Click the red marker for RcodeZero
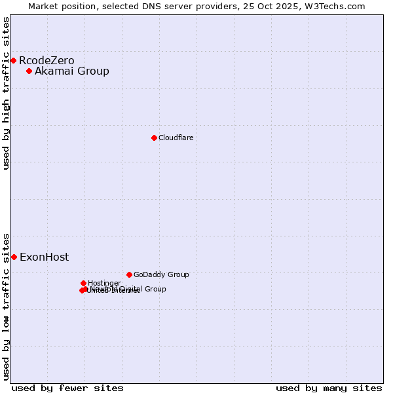point(13,61)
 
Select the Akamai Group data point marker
point(29,71)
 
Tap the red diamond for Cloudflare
point(154,138)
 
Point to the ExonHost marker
point(14,257)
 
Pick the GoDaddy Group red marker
point(129,274)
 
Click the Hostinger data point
point(83,283)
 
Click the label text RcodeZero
point(47,61)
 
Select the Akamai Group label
point(72,71)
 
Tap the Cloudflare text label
point(176,138)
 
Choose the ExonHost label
point(44,257)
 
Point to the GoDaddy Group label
point(161,274)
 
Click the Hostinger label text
point(104,283)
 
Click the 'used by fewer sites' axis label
point(67,388)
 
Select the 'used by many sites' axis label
point(329,388)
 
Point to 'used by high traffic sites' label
point(6,93)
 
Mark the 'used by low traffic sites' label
point(6,307)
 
